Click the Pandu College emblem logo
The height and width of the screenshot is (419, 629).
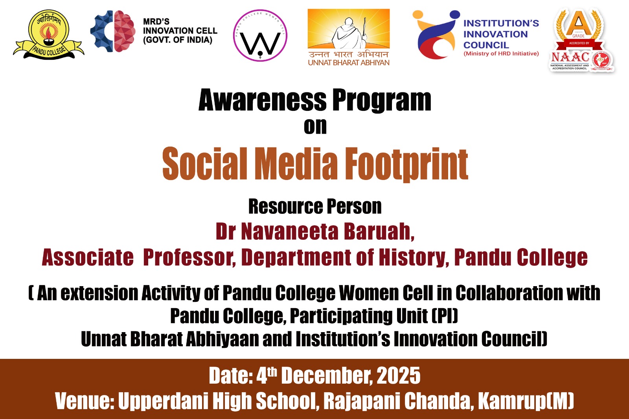pyautogui.click(x=48, y=35)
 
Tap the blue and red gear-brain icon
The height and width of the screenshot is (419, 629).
pyautogui.click(x=112, y=31)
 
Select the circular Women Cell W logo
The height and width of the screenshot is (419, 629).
pyautogui.click(x=260, y=35)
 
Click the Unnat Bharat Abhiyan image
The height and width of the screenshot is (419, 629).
pyautogui.click(x=348, y=37)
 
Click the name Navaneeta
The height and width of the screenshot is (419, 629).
pyautogui.click(x=289, y=231)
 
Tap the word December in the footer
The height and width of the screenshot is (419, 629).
pyautogui.click(x=327, y=375)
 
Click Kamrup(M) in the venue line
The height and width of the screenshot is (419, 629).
pyautogui.click(x=526, y=401)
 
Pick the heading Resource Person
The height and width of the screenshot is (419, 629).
pyautogui.click(x=315, y=206)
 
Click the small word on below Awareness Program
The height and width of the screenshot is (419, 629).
pyautogui.click(x=315, y=127)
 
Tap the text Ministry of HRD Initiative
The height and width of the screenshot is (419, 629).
pyautogui.click(x=501, y=53)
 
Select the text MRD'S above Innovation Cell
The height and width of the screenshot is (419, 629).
pyautogui.click(x=156, y=22)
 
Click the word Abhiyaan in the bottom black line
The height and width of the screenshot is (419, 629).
pyautogui.click(x=223, y=339)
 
